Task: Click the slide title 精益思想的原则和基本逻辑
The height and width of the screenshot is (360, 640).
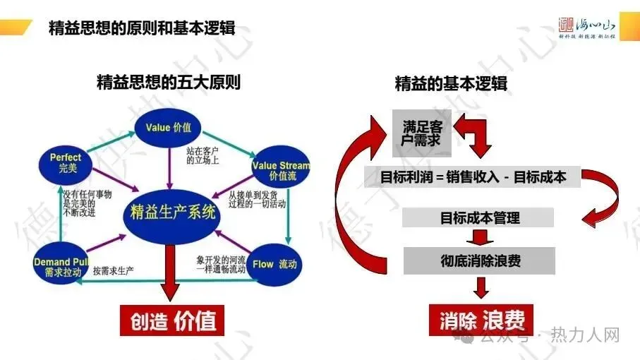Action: tap(142, 28)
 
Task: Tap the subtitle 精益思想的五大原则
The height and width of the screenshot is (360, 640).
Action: tap(168, 83)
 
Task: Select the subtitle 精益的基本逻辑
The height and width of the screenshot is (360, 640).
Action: tap(451, 83)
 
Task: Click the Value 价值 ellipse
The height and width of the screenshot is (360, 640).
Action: tap(169, 128)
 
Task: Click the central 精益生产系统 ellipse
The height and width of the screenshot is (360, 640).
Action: tap(173, 212)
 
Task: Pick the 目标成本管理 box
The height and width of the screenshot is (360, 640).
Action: tap(479, 217)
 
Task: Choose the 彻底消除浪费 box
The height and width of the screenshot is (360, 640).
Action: tap(479, 260)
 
